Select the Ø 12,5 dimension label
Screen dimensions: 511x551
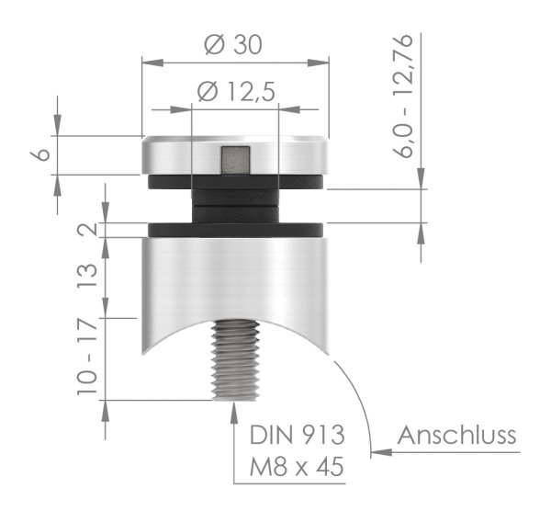tap(236, 91)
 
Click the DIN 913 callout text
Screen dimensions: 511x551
tap(297, 435)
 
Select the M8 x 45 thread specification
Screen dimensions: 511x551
tap(297, 470)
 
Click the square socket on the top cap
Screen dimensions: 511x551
tap(235, 159)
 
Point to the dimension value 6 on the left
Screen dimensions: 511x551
tap(42, 154)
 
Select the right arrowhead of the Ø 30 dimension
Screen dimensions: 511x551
tap(322, 62)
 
